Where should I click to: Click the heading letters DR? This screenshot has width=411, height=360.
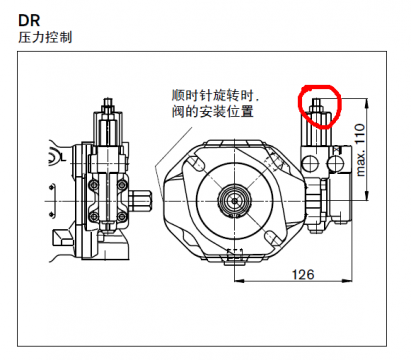tap(30, 17)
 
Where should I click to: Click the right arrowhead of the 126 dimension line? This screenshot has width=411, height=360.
tap(346, 283)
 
